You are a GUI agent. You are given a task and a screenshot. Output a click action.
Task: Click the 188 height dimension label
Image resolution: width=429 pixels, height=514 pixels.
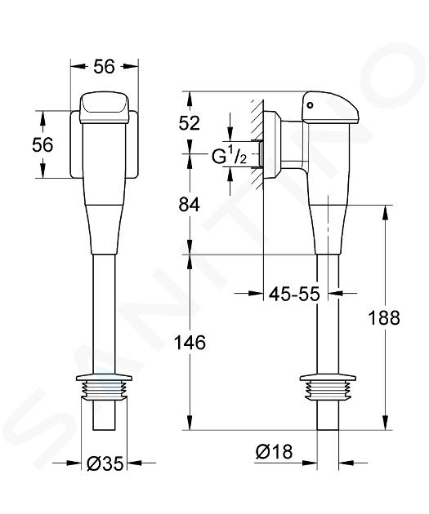pos(384,317)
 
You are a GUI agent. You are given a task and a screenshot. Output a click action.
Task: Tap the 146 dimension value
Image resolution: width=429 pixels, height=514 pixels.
pos(190,343)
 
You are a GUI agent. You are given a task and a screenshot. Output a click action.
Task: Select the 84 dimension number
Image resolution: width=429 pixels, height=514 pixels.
pos(189,206)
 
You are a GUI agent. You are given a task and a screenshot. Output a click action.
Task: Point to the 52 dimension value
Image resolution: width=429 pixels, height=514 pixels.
pos(189,123)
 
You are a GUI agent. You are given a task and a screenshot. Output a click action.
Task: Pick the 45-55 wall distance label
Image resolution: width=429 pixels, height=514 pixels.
pos(294,294)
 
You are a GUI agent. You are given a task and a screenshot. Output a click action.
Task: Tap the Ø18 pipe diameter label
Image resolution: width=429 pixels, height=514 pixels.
pos(274,451)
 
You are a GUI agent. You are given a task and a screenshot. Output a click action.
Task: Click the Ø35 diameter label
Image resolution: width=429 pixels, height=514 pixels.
pos(105,463)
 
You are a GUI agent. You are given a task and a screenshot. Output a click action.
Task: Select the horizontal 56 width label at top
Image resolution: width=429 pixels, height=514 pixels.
pos(105,67)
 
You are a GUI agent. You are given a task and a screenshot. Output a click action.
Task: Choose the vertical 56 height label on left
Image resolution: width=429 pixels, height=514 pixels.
pos(42,144)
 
